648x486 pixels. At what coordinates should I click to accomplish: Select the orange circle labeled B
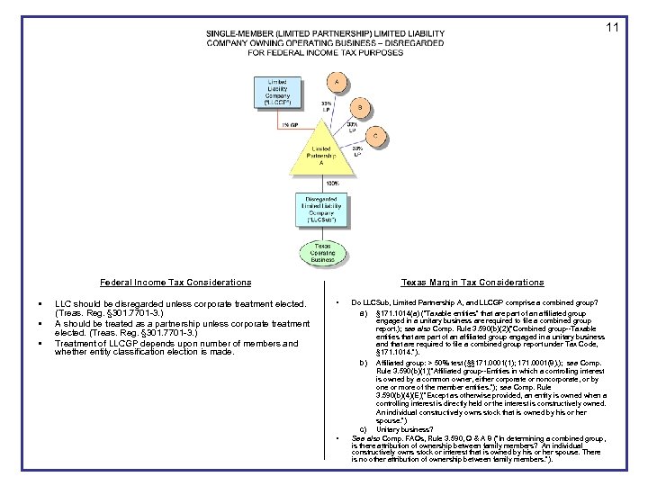point(360,109)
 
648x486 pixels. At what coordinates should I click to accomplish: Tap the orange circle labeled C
point(377,136)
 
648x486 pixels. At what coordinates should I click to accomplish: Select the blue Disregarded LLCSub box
point(321,209)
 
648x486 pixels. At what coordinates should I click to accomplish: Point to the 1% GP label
point(289,125)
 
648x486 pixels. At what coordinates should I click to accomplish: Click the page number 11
point(612,28)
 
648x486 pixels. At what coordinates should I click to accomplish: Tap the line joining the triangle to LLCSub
point(321,183)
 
